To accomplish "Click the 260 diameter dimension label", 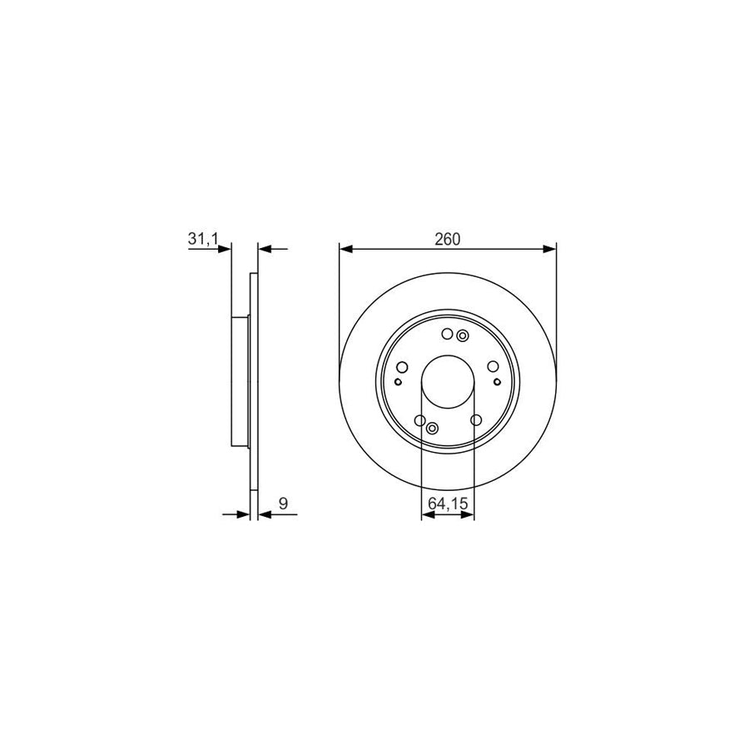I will tap(447, 239).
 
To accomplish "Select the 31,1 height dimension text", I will tap(203, 239).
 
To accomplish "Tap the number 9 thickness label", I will tap(283, 503).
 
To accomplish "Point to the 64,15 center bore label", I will tap(448, 503).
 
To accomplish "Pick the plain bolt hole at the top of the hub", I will tap(447, 335).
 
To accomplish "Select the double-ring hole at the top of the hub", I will tap(463, 335).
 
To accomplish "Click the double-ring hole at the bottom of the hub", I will tap(432, 429).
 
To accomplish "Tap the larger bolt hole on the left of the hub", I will tap(403, 367).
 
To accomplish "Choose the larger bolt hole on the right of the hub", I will tap(493, 367).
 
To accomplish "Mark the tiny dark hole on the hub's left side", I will tap(398, 382).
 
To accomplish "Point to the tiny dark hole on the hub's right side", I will tap(497, 382).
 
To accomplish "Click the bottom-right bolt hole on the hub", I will tap(475, 420).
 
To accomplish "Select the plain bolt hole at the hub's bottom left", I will tap(419, 420).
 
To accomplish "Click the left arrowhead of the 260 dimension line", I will tap(345, 248).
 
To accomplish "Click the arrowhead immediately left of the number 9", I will tap(265, 515).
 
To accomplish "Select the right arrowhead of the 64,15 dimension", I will tap(469, 515).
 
